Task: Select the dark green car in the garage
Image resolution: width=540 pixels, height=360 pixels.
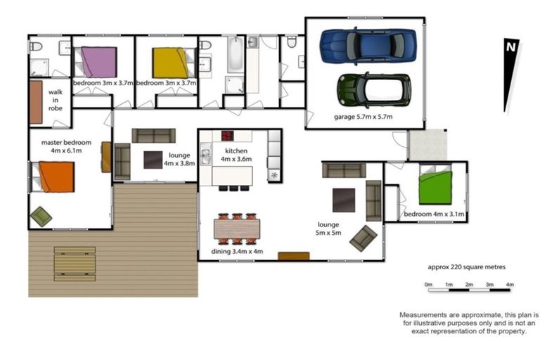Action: [373, 90]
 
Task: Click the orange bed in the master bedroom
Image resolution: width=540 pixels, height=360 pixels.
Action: [56, 176]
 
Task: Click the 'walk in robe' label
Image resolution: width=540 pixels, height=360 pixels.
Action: [56, 100]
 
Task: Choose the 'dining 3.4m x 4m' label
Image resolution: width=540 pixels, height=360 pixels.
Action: [237, 251]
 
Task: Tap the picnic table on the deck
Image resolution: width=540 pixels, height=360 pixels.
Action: [75, 264]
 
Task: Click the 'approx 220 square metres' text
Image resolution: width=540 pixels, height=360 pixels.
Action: [466, 267]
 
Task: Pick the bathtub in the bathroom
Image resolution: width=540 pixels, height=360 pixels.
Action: [234, 55]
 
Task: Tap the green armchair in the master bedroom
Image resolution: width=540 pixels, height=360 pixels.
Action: [41, 217]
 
